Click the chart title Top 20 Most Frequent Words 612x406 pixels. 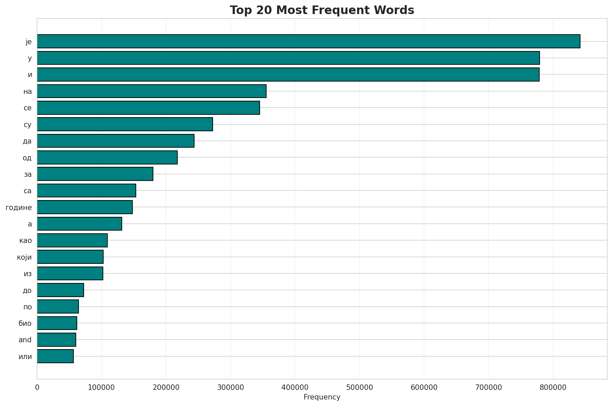[x=322, y=10]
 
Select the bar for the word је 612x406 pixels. [x=308, y=41]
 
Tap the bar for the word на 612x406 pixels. [x=152, y=91]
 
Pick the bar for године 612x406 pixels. [x=85, y=207]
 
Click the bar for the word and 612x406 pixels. [x=57, y=340]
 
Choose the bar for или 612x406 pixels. [x=55, y=356]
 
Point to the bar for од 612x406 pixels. [x=107, y=157]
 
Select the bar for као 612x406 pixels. [x=72, y=240]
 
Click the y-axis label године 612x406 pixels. [x=19, y=207]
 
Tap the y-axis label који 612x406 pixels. [x=24, y=257]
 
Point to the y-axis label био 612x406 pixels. [x=25, y=323]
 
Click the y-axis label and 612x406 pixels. [x=25, y=340]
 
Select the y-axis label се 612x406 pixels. [x=28, y=108]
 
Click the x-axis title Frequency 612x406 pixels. [x=322, y=397]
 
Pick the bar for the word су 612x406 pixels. [x=125, y=124]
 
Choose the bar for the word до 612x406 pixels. [x=60, y=290]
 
